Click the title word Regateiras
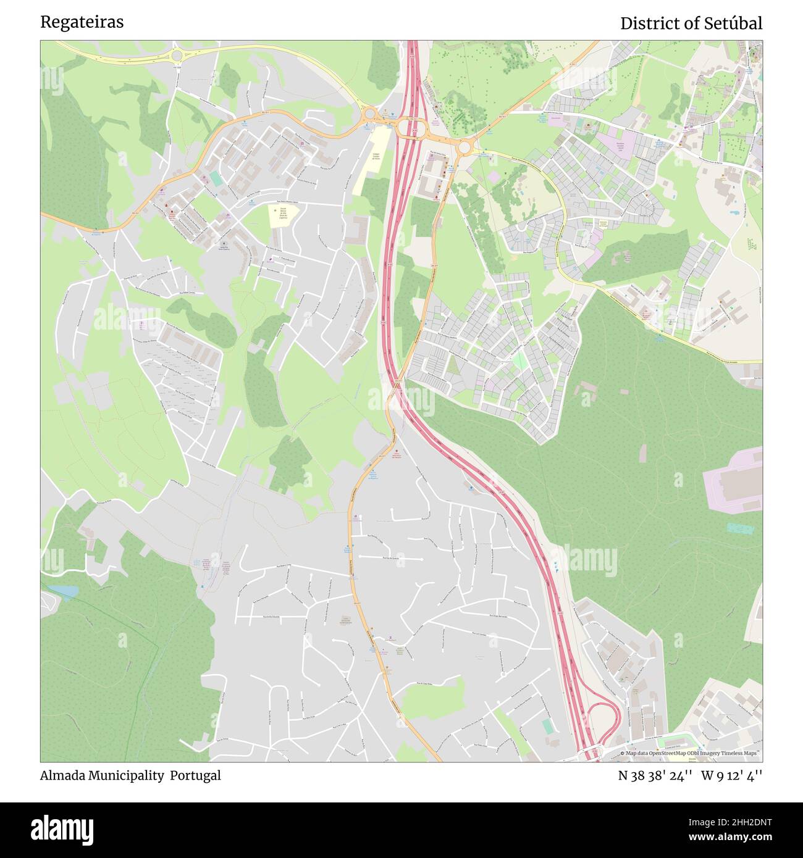click(82, 22)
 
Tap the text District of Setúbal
click(691, 23)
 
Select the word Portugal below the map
click(196, 775)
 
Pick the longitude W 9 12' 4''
click(731, 775)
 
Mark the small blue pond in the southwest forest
click(64, 591)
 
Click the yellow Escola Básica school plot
click(283, 215)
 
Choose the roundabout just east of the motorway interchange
click(463, 147)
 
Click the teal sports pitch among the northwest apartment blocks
click(216, 179)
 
